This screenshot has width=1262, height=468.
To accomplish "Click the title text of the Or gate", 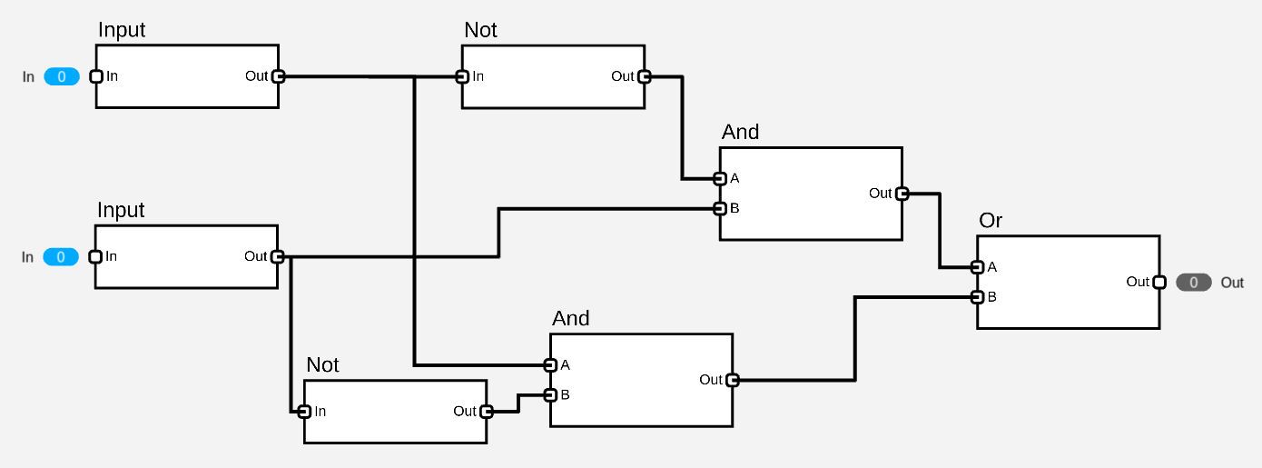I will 991,221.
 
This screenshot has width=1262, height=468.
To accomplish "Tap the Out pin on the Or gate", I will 1158,282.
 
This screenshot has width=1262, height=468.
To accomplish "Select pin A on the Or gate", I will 977,267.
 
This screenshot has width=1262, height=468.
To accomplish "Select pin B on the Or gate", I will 977,296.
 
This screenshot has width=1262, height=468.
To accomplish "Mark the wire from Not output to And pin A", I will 682,127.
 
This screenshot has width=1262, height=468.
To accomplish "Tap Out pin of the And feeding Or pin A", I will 902,193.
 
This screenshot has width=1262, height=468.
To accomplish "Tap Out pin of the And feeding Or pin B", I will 732,380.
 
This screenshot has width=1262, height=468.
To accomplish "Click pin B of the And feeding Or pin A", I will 719,208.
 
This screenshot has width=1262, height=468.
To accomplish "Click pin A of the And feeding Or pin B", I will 549,365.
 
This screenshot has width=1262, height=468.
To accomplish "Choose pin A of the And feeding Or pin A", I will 719,178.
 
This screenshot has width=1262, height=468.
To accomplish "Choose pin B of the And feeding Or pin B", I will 549,394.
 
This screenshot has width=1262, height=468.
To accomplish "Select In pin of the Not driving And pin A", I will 462,76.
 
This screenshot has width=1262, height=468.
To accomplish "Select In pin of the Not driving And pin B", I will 305,411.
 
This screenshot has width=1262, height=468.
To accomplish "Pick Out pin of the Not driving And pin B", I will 486,411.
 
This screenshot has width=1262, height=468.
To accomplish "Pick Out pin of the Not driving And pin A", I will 644,76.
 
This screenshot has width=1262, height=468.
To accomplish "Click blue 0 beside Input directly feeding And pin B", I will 61,257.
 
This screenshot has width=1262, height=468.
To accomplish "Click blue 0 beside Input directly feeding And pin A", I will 62,77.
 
